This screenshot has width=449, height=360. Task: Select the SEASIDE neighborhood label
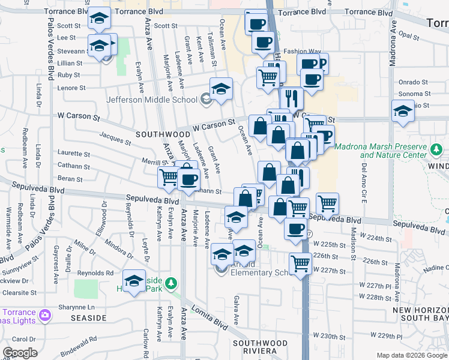(88, 317)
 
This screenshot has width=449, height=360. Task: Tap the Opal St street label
(408, 36)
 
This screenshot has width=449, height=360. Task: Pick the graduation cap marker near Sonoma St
(403, 110)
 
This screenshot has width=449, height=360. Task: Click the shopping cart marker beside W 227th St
(300, 262)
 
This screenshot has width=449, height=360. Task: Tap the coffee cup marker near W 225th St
(295, 228)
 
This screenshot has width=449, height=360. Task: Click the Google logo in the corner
(20, 353)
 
